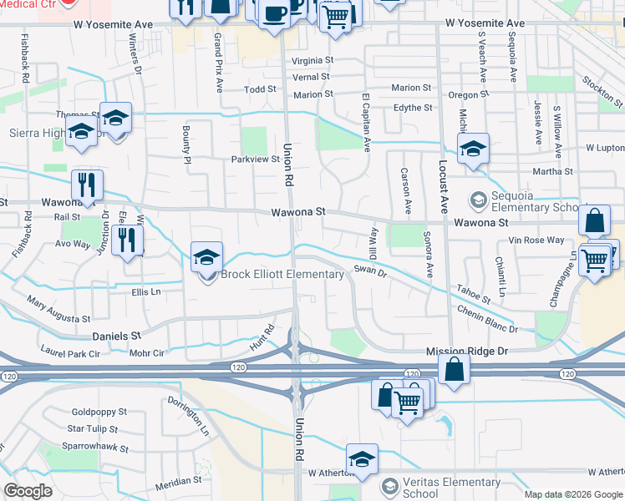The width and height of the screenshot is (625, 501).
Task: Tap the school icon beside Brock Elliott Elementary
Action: [x=206, y=258]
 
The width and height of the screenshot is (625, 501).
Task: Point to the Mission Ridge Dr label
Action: [x=467, y=352]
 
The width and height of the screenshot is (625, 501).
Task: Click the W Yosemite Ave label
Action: [x=485, y=23]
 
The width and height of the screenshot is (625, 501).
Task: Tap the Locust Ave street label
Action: [x=443, y=178]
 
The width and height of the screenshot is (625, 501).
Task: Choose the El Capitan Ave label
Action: [x=365, y=122]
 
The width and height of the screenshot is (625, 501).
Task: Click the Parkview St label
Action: [x=255, y=159]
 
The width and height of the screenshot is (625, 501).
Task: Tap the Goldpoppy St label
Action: [x=99, y=412]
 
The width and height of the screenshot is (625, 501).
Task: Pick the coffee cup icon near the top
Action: [x=274, y=14]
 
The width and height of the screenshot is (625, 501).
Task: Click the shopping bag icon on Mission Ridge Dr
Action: [x=453, y=370]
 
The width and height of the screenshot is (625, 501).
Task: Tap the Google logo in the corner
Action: [x=28, y=491]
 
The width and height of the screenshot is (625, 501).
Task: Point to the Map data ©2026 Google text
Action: [x=573, y=494]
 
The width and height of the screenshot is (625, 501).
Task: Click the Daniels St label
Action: [x=115, y=336]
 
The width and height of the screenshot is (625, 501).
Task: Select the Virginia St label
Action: [x=312, y=61]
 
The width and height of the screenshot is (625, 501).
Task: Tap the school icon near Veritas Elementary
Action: [x=362, y=459]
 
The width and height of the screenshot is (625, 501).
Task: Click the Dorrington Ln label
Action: [x=192, y=415]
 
